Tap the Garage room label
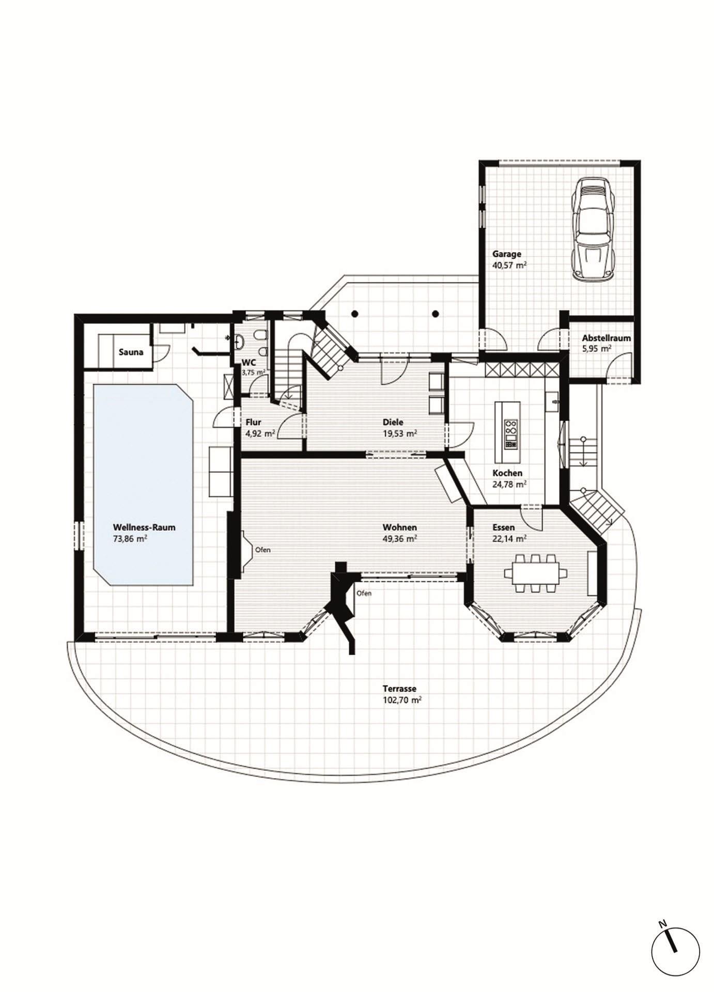(506, 254)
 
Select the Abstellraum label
(607, 338)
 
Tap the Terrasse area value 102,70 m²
(402, 700)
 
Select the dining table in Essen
(535, 573)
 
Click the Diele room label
(394, 422)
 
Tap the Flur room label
(253, 422)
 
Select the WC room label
(249, 363)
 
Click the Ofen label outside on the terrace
(364, 593)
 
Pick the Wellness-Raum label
(144, 528)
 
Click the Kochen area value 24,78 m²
(509, 484)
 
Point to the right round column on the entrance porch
(436, 313)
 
